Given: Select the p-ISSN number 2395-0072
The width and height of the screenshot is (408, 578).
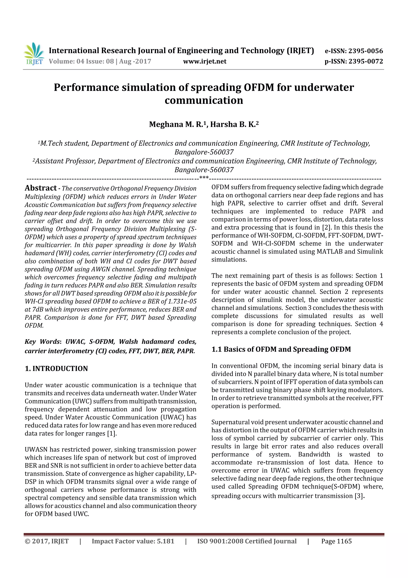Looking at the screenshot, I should pos(366,61).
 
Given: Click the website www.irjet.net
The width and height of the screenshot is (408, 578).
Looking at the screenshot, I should pos(205,61).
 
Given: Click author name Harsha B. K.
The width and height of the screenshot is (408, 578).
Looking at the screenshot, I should pos(233,124).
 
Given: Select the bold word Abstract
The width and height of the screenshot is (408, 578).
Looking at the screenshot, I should pos(41,188).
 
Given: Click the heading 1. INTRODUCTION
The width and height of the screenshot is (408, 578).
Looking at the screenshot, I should pos(56,369).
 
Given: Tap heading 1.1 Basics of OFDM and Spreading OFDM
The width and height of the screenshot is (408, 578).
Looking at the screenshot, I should pos(281,349).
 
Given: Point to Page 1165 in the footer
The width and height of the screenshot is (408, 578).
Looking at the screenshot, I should pos(336,541).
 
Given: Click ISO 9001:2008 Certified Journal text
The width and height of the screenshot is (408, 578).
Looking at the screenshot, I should pos(247,541).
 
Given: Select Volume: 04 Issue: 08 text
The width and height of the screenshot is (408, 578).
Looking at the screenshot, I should pos(81,61).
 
